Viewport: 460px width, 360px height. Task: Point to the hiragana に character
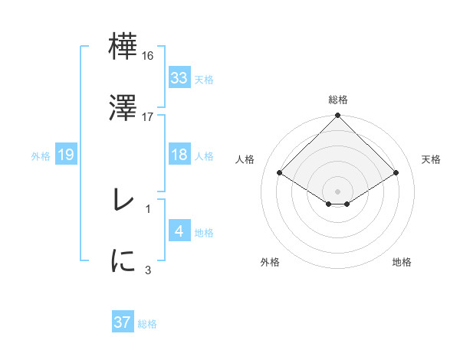pos(123,261)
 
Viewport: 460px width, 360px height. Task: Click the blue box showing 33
pos(179,77)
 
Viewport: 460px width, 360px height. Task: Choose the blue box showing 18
pos(179,155)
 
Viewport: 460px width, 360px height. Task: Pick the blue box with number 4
pos(179,231)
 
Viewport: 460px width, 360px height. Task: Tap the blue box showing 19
pos(66,155)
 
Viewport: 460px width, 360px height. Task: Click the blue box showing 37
pos(123,322)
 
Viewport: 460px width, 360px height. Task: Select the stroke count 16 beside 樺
pos(149,56)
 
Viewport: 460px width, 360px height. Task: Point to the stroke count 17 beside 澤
pos(149,117)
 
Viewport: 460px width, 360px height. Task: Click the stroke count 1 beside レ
pos(149,208)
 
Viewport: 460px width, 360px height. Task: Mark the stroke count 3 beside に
pos(149,270)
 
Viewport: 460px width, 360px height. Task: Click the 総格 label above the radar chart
pos(338,100)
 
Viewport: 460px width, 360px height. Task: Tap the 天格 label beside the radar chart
pos(432,159)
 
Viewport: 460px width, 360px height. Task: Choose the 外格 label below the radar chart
pos(270,263)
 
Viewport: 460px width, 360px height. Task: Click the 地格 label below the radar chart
pos(402,263)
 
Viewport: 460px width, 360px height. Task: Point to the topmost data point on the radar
pos(338,116)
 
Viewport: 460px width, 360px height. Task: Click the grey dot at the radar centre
pos(338,191)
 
